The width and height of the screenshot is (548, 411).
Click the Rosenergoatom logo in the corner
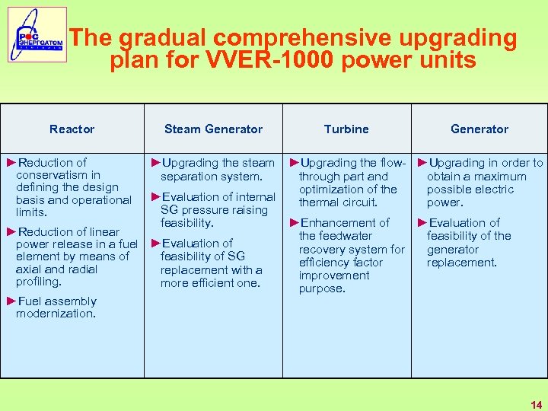pyautogui.click(x=37, y=35)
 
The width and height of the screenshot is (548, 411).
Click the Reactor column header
pyautogui.click(x=72, y=129)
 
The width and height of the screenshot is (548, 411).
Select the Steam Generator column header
pyautogui.click(x=213, y=129)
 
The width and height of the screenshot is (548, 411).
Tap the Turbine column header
pyautogui.click(x=346, y=129)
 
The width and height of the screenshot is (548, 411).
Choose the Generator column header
pyautogui.click(x=479, y=129)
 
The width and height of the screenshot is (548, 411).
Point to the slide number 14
pyautogui.click(x=537, y=405)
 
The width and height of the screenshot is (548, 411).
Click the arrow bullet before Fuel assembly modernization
pyautogui.click(x=11, y=301)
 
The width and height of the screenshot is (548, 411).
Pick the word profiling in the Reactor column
pyautogui.click(x=39, y=282)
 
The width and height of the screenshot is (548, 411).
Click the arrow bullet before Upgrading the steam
pyautogui.click(x=156, y=163)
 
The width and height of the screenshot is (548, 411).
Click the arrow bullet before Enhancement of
pyautogui.click(x=295, y=223)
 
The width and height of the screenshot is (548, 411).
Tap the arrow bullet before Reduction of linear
pyautogui.click(x=11, y=232)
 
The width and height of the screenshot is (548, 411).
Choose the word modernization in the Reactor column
pyautogui.click(x=56, y=314)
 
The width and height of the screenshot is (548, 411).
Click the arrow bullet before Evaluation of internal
pyautogui.click(x=156, y=197)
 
